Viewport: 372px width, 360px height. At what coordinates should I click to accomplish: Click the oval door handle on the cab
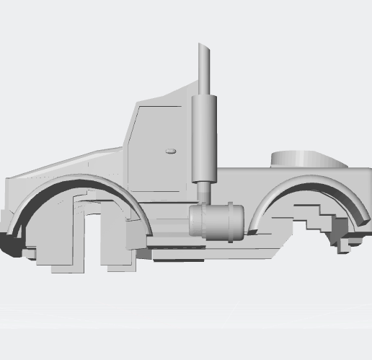[172, 151]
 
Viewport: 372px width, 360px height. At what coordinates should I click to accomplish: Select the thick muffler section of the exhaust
[205, 137]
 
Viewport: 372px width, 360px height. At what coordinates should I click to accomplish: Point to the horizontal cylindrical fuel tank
[216, 222]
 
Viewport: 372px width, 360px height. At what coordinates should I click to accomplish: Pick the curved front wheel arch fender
[79, 183]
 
